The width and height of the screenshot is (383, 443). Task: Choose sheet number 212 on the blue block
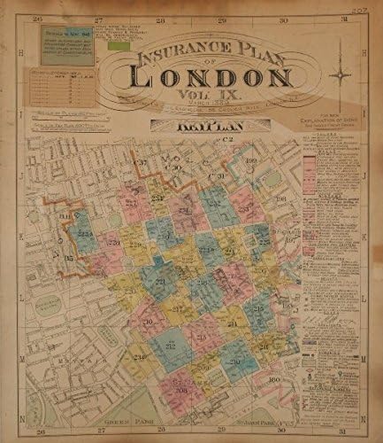[x=169, y=346]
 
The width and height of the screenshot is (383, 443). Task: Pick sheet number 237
[x=139, y=165]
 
